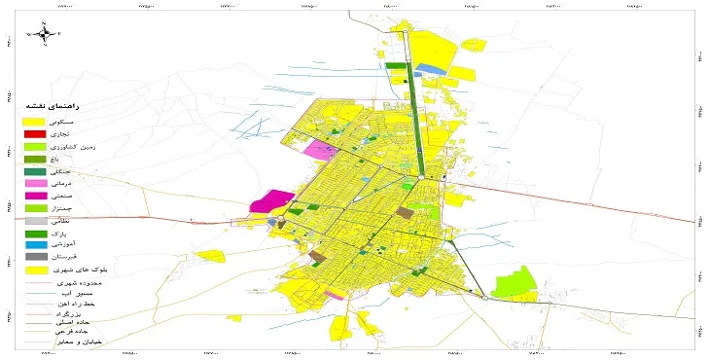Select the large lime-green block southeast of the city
(x=515, y=283)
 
